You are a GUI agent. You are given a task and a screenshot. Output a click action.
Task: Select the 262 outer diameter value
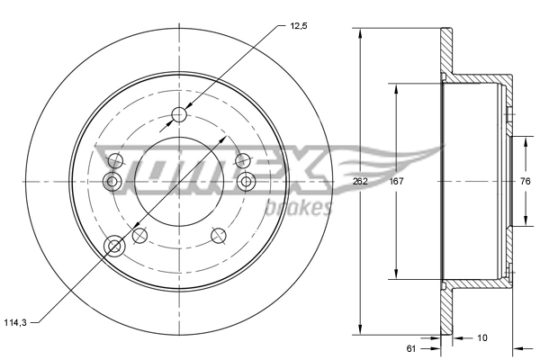(x=362, y=181)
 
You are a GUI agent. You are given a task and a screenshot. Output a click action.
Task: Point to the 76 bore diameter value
(x=525, y=181)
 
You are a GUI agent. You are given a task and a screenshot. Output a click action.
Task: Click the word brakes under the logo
(x=301, y=209)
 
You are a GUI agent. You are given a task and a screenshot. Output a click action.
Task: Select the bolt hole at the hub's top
(x=179, y=114)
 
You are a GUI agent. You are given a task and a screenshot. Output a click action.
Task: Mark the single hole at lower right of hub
(x=218, y=235)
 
